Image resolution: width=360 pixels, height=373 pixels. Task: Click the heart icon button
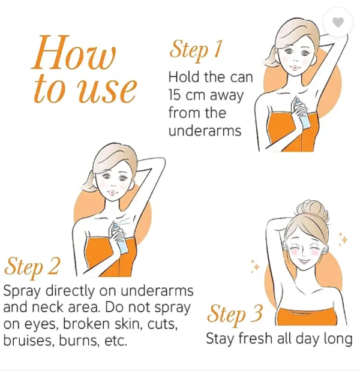pos(338,22)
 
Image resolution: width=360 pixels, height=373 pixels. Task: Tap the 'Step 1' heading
pos(196,50)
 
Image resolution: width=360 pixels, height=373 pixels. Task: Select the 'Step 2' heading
pos(32,267)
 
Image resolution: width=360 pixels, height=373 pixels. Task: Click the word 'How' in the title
pos(74,52)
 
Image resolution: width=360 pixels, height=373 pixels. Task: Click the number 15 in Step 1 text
pos(175,95)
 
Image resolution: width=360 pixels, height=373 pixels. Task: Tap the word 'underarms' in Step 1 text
pos(205,131)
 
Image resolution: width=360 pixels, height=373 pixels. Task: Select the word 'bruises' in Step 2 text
pos(29,340)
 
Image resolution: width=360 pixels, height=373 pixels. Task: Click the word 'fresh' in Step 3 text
pos(255,338)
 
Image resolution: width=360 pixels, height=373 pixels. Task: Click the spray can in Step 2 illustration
pos(120,239)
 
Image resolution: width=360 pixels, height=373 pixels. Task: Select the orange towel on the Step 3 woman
pos(307,317)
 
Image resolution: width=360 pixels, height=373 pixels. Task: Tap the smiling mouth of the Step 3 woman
pos(304,261)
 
